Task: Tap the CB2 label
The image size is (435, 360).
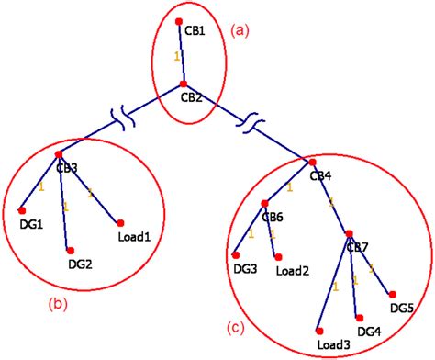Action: [192, 96]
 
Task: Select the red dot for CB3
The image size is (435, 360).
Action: [59, 153]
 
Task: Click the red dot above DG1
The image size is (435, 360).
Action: [21, 208]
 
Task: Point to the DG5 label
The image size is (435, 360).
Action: [403, 307]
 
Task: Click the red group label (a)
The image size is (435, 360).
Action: [242, 30]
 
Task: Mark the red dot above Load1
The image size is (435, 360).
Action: [119, 221]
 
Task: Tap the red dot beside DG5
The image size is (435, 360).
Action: [394, 293]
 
